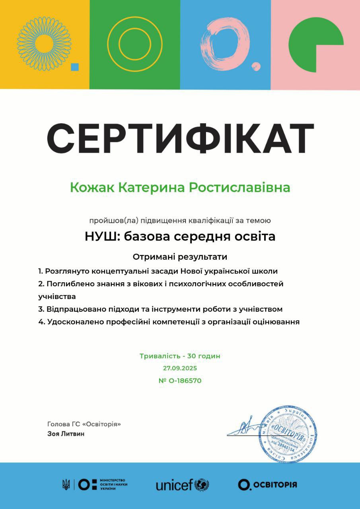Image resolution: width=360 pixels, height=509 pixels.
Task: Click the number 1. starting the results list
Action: pos(41,271)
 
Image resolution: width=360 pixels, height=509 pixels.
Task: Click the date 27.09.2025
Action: pos(180,368)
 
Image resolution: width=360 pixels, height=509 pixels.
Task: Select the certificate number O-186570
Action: pos(185,381)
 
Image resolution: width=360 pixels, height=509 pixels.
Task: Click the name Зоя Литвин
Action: pos(66,434)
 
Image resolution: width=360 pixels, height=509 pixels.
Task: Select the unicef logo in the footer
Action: pos(182,485)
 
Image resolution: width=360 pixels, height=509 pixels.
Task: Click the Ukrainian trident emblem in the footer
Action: pos(66,484)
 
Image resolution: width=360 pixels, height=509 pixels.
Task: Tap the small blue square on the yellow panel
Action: pos(75,67)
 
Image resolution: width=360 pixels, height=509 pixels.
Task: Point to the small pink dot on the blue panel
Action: pos(256,66)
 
